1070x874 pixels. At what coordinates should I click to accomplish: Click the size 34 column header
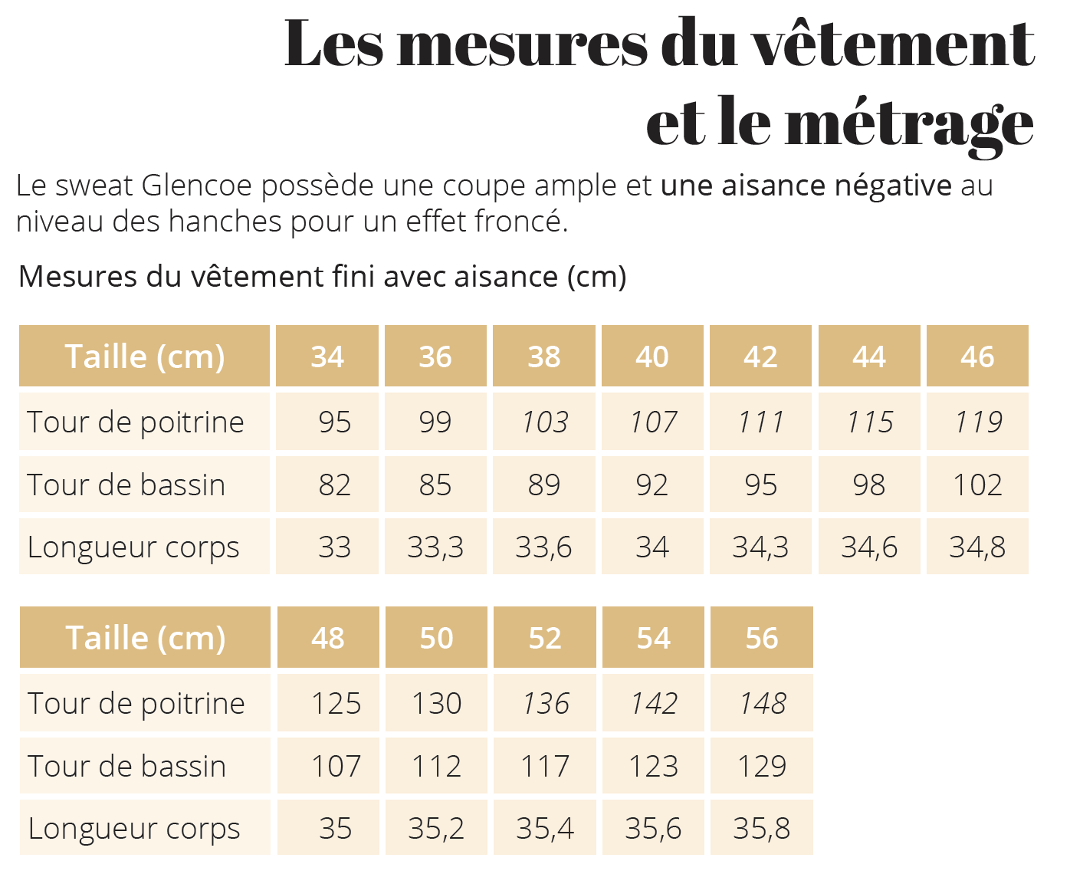327,356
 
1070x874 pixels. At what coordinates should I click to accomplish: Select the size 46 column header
977,356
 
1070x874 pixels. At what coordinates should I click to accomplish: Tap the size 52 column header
545,638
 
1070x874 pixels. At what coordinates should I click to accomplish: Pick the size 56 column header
762,638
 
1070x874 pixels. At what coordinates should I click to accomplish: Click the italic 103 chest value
544,422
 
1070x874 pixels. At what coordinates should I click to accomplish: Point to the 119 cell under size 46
977,422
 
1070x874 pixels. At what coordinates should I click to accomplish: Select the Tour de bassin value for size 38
544,485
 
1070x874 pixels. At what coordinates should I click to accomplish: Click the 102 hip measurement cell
977,485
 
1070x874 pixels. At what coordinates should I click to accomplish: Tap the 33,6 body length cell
543,547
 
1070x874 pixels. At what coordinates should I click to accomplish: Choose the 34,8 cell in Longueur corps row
977,547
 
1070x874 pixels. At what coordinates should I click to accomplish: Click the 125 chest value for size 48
336,703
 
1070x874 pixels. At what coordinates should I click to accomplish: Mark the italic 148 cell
762,703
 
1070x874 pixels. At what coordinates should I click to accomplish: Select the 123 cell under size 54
653,766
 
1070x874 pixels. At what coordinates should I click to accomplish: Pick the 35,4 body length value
545,828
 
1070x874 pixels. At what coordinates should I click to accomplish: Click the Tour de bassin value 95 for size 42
760,485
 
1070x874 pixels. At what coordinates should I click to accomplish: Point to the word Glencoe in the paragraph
197,186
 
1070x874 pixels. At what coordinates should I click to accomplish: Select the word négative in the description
892,186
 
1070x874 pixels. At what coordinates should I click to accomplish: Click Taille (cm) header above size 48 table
146,638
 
